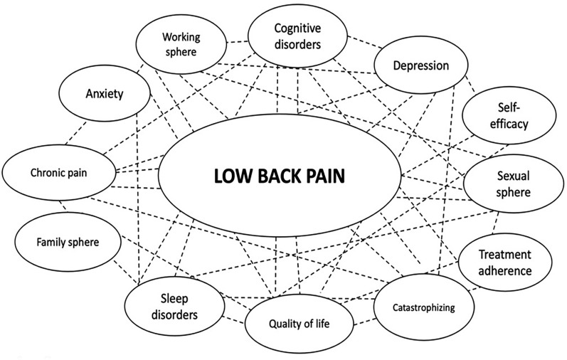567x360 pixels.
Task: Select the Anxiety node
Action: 105,94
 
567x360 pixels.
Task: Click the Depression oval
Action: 421,66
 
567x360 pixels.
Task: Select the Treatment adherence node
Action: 504,262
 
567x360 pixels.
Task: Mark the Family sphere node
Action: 68,241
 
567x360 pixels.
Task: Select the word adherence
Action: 504,270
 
